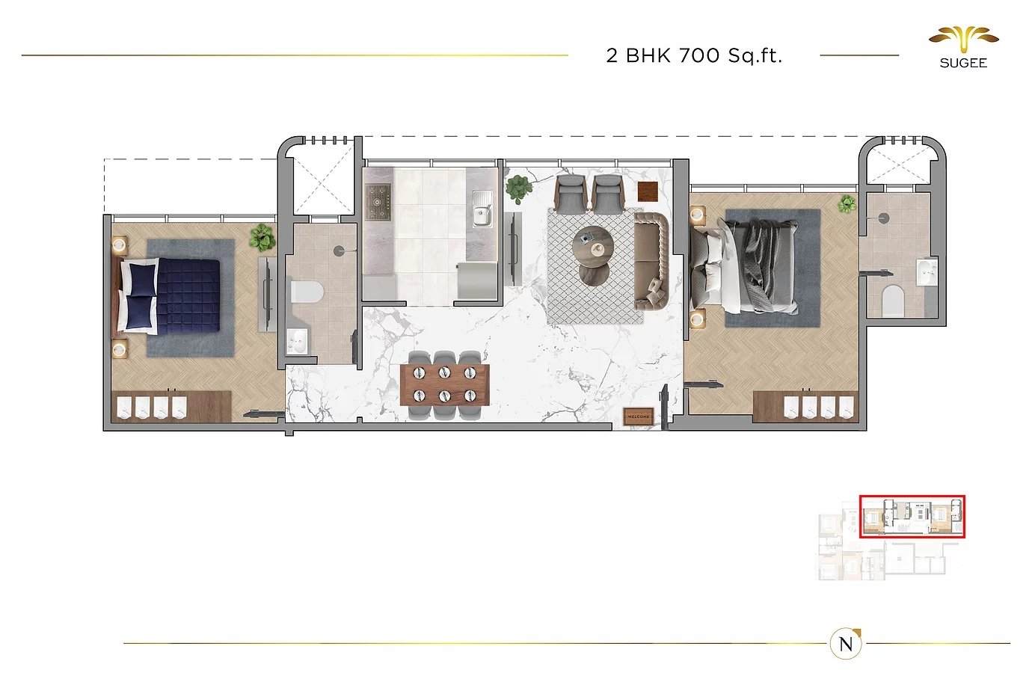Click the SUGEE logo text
point(963,63)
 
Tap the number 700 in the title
point(699,56)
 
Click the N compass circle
point(846,644)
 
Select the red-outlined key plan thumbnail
point(912,517)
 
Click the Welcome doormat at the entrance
point(638,417)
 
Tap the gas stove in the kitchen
point(378,202)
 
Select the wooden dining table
point(445,384)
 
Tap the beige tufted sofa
point(651,261)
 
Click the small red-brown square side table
point(648,191)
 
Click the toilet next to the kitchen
point(307,292)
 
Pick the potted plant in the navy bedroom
point(262,238)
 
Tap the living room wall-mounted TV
point(513,249)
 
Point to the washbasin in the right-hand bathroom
point(927,273)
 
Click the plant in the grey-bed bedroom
point(847,204)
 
